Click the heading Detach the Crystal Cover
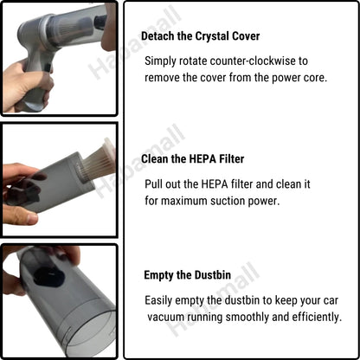[x=200, y=36]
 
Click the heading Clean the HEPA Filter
[x=194, y=159]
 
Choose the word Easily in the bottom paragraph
[x=163, y=300]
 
